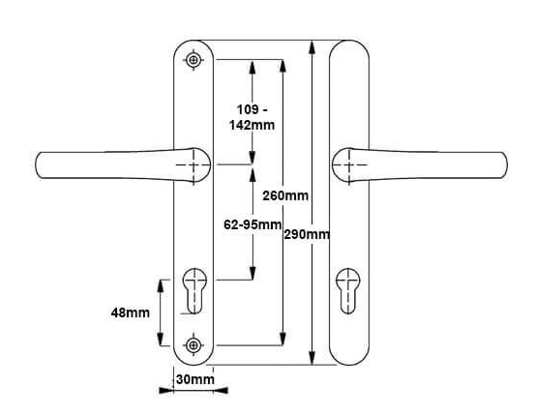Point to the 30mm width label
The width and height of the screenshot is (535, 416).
pyautogui.click(x=196, y=380)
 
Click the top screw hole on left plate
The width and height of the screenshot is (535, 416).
pyautogui.click(x=194, y=61)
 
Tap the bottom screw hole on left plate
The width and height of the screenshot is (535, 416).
pyautogui.click(x=194, y=343)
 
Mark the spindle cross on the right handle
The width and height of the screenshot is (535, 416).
pyautogui.click(x=345, y=165)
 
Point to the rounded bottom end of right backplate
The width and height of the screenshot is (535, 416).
pyautogui.click(x=349, y=362)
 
